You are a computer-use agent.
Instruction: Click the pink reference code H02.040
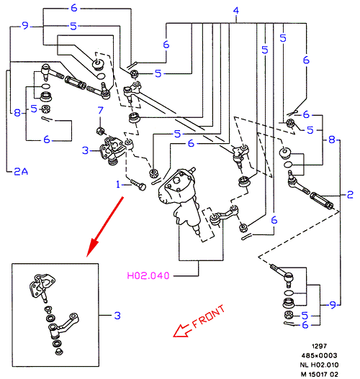point(148,275)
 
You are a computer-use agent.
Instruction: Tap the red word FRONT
point(209,316)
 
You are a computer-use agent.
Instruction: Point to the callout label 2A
point(21,171)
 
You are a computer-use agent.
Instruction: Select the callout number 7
point(100,111)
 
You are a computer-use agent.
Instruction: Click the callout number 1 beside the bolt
point(118,184)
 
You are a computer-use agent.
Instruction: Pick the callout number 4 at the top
point(236,10)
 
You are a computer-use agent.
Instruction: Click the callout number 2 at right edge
point(350,195)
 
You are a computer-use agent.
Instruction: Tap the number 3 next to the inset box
point(117,315)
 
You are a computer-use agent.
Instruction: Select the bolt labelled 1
point(138,185)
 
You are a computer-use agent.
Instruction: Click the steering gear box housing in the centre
point(180,198)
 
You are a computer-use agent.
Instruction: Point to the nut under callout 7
point(100,131)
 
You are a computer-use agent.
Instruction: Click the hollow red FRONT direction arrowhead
point(182,331)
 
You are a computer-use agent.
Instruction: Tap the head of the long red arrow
point(92,247)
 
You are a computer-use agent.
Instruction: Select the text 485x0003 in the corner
point(319,355)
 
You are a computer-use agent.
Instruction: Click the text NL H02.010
point(319,365)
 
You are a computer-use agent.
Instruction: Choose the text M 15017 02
point(319,374)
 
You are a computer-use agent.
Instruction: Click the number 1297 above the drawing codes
point(320,346)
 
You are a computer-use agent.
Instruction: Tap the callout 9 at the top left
point(25,25)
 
